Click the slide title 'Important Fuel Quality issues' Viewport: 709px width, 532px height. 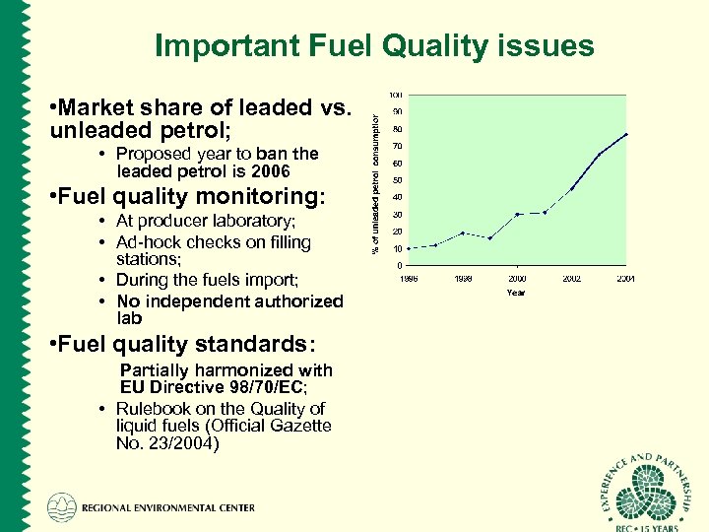point(374,46)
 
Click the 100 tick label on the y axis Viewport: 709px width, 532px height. point(395,95)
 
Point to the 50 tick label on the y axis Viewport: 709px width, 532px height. point(397,180)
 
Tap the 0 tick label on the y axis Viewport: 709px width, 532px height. point(399,265)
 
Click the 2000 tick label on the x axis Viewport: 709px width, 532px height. point(517,279)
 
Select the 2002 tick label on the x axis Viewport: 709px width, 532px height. point(572,279)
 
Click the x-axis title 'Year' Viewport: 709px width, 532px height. point(516,293)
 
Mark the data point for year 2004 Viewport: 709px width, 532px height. point(626,134)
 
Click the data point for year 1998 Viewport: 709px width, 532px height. point(463,233)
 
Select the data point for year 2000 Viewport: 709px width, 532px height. point(517,214)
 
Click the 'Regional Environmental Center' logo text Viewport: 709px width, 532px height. point(167,508)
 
